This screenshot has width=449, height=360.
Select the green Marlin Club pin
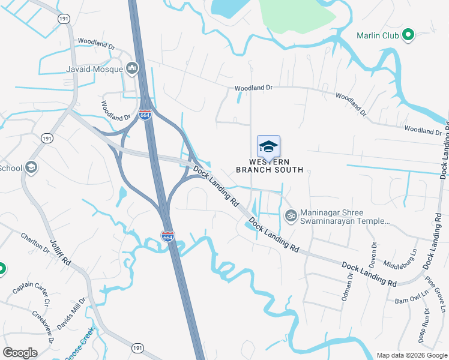click(x=409, y=35)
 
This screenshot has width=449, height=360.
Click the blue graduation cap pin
click(x=268, y=146)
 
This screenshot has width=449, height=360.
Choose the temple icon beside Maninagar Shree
click(x=291, y=215)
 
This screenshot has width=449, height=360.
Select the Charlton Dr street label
click(x=34, y=242)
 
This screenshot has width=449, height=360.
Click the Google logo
click(x=20, y=353)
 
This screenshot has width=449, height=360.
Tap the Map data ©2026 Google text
click(x=411, y=355)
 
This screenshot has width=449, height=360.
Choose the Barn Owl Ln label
click(x=411, y=298)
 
